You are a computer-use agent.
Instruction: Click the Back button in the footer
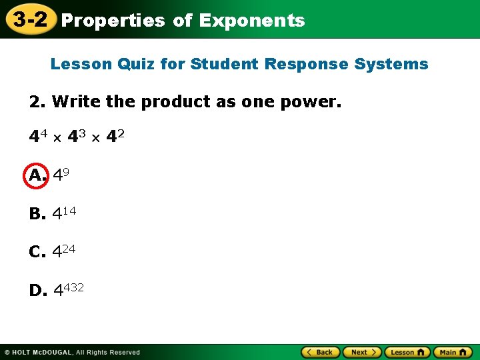tap(321, 352)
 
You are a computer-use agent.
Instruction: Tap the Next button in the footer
tap(363, 352)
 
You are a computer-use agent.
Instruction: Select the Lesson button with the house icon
tap(407, 352)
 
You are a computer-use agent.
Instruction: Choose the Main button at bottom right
tap(452, 352)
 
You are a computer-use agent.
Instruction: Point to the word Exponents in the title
tap(252, 21)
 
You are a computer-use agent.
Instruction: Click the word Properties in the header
tap(113, 21)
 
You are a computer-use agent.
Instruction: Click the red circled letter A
tap(37, 175)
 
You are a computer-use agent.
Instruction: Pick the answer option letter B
tap(37, 214)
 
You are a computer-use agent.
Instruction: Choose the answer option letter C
tap(37, 252)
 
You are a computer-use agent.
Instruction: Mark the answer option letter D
tap(37, 291)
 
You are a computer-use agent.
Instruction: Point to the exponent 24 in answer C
tap(69, 248)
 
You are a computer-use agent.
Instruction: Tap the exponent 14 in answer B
tap(69, 210)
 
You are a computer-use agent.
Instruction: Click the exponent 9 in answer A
tap(66, 171)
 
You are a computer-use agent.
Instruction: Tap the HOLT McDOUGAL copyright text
tap(74, 352)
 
